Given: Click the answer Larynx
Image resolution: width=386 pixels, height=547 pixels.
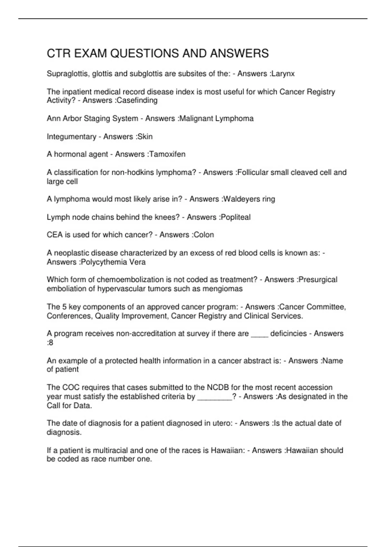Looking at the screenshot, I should point(283,74).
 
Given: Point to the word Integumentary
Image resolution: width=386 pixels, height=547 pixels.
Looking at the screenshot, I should point(71,137).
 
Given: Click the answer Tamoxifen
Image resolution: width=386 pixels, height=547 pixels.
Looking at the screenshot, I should point(168,154).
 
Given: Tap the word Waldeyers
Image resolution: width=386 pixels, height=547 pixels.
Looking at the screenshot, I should point(239,199).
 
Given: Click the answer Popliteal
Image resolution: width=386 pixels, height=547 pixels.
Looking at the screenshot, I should point(236,217).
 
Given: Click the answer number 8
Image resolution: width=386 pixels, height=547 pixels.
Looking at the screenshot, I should point(51,343).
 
